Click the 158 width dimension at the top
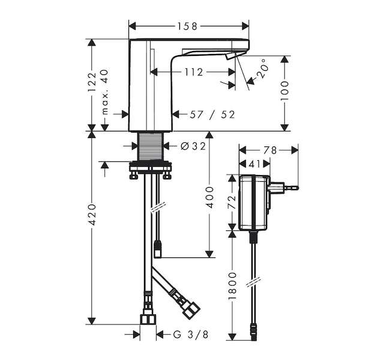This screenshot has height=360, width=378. pos(187,26)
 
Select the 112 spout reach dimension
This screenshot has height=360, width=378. pos(194,72)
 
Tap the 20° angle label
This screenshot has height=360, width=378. pos(262,68)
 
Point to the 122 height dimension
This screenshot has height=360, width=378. pos(92,82)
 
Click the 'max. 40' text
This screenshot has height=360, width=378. pos(105,92)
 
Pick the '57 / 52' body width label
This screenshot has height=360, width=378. pos(212,115)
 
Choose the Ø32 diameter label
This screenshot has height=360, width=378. pos(193,146)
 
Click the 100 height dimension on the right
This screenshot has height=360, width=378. pos(285,91)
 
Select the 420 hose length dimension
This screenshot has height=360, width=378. pos(92,215)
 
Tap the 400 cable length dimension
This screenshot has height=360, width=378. pos(209,197)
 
